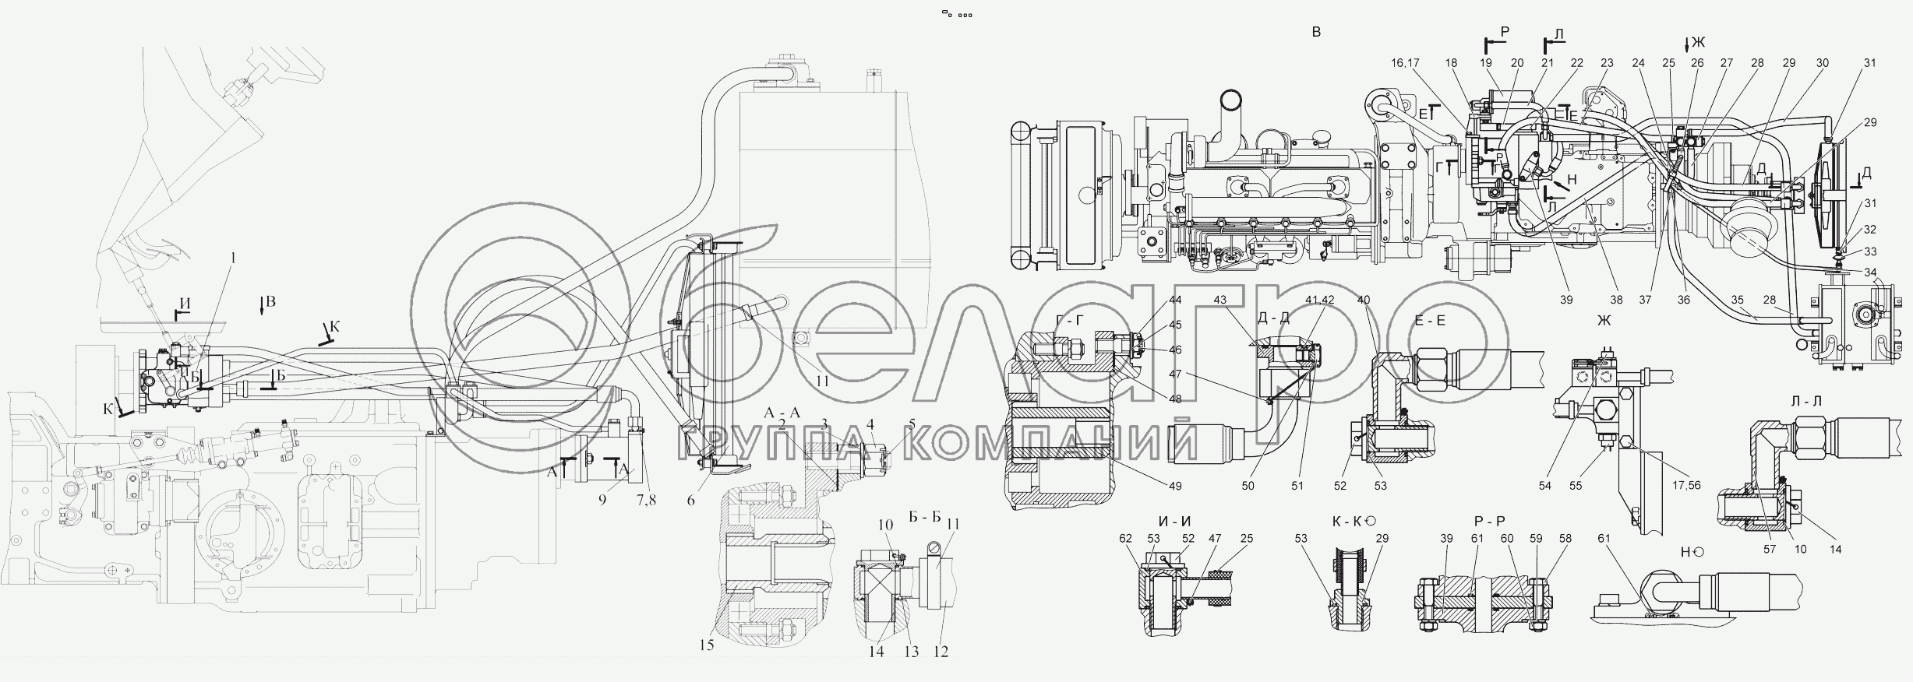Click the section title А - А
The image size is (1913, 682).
(x=782, y=413)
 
